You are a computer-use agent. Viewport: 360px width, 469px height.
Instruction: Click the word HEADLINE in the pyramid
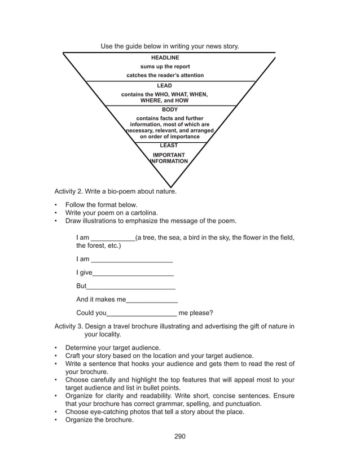[165, 58]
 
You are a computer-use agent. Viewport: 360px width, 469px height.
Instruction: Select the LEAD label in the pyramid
[164, 86]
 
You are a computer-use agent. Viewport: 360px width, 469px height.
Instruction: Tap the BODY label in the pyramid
[169, 109]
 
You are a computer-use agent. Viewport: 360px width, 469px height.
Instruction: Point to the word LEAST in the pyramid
[169, 146]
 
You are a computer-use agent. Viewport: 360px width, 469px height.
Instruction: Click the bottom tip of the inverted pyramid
[170, 186]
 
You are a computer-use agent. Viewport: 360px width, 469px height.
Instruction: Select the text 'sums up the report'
[165, 67]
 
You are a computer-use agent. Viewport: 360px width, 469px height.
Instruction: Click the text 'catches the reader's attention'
[165, 75]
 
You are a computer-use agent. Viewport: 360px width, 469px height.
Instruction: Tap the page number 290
[179, 436]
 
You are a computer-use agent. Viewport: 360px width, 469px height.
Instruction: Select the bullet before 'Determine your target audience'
[56, 348]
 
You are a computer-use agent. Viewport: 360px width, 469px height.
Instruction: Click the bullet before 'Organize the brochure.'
[56, 420]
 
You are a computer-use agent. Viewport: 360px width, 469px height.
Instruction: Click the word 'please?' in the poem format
[202, 313]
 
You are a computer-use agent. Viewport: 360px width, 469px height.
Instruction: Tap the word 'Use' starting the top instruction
[107, 46]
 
